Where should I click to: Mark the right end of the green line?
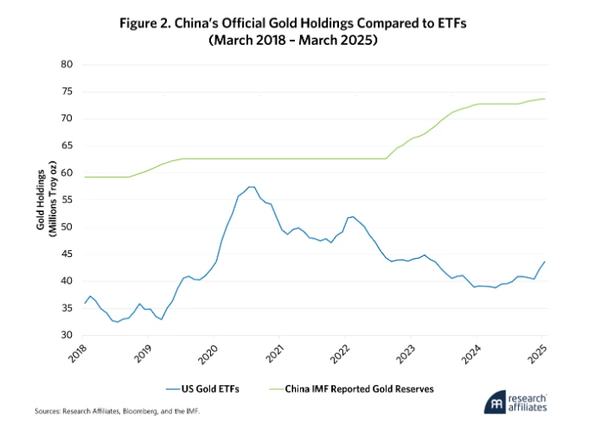(x=544, y=99)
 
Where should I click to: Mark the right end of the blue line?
(x=544, y=261)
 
